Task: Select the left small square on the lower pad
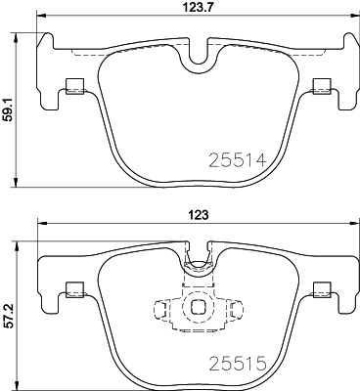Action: tap(71, 288)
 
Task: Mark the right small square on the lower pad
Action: tap(320, 288)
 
